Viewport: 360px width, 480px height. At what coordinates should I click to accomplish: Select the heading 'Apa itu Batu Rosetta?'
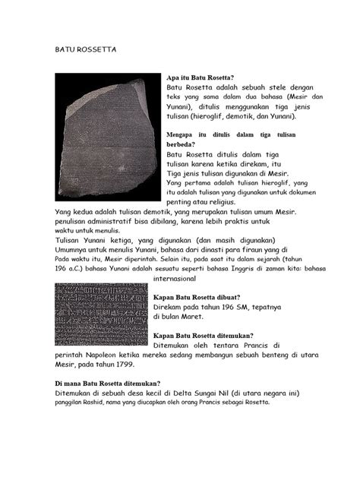pyautogui.click(x=200, y=77)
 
